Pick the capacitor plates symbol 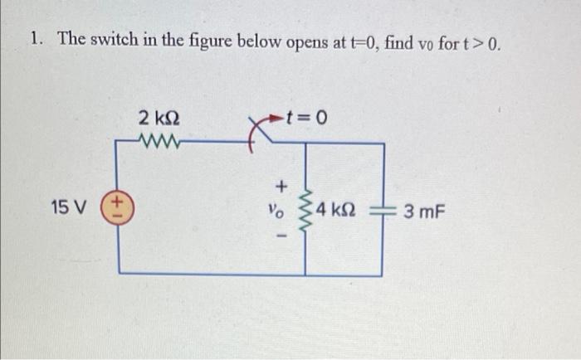click(x=383, y=210)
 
